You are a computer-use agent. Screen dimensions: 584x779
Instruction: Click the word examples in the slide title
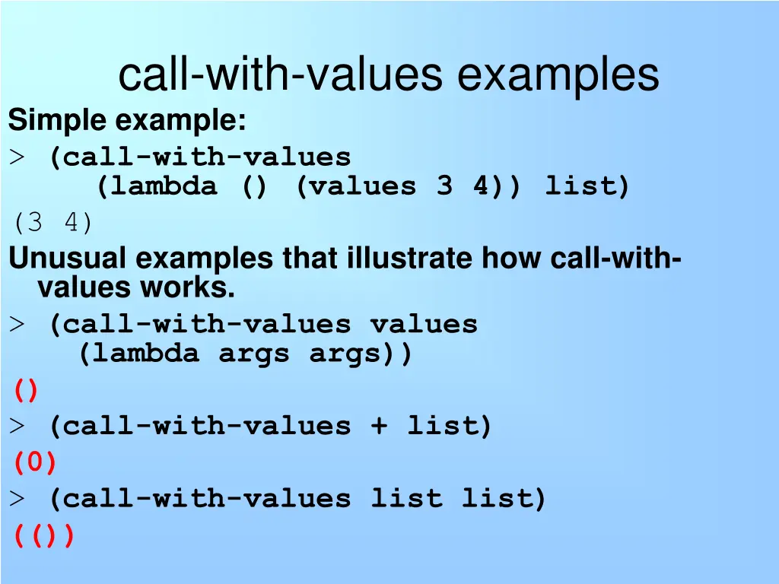pos(558,75)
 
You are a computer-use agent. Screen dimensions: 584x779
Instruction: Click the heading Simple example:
pos(127,120)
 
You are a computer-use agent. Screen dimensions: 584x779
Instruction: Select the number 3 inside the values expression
pos(444,186)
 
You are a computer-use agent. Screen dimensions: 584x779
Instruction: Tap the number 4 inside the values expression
pos(481,186)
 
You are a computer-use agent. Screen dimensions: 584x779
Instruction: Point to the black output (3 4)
pos(52,224)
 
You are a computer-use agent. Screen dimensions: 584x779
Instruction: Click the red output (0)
pos(35,462)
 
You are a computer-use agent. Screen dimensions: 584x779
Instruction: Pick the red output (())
pos(44,536)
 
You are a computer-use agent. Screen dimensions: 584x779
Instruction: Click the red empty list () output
pos(25,391)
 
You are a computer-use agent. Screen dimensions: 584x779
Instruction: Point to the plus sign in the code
pos(378,426)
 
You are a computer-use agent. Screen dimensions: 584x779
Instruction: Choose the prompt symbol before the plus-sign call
pos(17,426)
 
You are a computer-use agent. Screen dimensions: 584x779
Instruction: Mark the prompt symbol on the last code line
pos(17,500)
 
